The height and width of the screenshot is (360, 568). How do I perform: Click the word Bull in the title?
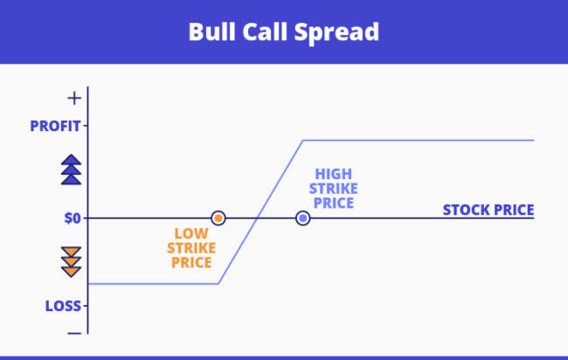point(210,32)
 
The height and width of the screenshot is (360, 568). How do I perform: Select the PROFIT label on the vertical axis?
point(55,126)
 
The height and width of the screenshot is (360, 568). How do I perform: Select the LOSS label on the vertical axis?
point(64,306)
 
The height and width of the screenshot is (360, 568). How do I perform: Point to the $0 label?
point(73,218)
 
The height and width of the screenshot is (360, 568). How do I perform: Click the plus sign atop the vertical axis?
point(74,97)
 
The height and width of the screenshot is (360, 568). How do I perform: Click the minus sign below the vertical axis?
point(74,332)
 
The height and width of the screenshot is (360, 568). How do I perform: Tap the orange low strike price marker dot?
point(218,218)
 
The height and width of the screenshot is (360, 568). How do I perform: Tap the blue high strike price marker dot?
point(302,218)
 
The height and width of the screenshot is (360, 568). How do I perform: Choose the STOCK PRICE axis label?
point(488,210)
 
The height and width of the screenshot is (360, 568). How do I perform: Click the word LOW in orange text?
point(191,233)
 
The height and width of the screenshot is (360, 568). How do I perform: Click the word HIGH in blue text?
point(334,174)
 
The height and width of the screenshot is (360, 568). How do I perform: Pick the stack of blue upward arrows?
point(72,170)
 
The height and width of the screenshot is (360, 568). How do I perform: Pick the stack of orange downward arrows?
point(72,262)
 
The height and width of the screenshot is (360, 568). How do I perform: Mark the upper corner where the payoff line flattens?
point(302,140)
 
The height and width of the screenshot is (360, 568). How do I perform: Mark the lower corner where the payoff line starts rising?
point(218,283)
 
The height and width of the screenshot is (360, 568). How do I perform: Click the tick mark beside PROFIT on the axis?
point(86,126)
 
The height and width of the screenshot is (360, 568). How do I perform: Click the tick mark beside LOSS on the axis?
point(86,306)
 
